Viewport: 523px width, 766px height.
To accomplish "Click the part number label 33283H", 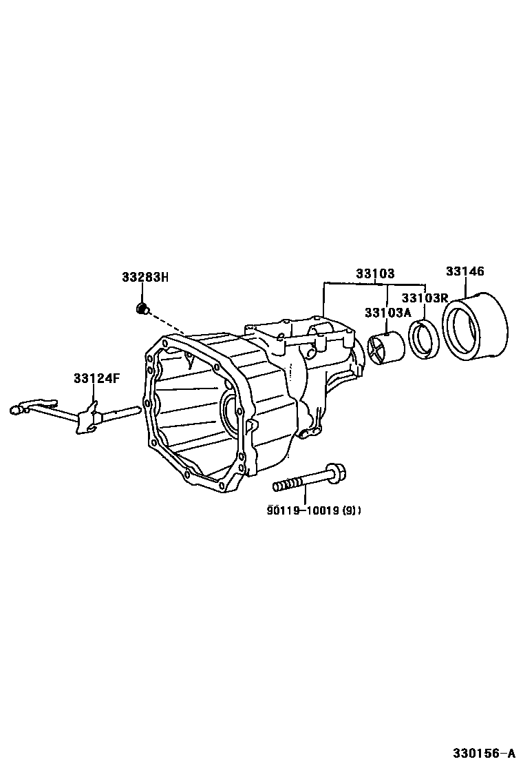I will [145, 278].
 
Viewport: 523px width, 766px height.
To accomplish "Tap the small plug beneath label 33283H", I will [143, 308].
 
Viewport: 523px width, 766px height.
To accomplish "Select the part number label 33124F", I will [97, 378].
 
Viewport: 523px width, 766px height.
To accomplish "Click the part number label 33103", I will [375, 273].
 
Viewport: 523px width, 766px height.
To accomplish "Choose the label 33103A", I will [387, 313].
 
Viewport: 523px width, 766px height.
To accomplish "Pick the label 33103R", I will [425, 298].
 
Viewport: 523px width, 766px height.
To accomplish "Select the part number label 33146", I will [465, 271].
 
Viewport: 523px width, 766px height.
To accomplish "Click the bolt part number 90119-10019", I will [303, 510].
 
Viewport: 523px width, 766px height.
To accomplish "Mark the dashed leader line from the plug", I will [169, 323].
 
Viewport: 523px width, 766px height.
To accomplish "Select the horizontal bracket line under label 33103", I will [375, 283].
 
